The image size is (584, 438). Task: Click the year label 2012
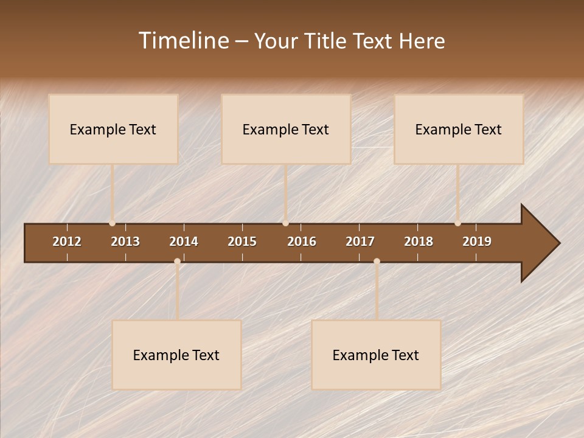coord(67,242)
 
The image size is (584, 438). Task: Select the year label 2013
coord(125,242)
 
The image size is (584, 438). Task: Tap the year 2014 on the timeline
coord(184,242)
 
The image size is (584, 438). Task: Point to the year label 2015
coord(242,242)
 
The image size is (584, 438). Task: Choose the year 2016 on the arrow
coord(302,242)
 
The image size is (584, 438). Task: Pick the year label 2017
coord(360,242)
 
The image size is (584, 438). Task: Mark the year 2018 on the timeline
coord(419,242)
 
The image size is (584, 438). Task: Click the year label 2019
coord(477,242)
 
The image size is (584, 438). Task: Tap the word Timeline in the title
coord(183,41)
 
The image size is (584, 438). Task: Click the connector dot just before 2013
coord(112,223)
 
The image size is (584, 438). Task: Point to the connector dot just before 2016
coord(285,223)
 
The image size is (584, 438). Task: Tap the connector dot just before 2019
coord(457,223)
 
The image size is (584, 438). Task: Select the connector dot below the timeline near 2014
coord(177,262)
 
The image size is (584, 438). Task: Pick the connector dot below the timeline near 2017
coord(377,262)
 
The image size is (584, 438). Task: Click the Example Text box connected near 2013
coord(113,129)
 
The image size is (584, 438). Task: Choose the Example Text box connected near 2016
coord(286,129)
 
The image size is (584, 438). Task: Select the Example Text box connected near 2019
coord(459,129)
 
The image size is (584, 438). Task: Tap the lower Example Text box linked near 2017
coord(376,355)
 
